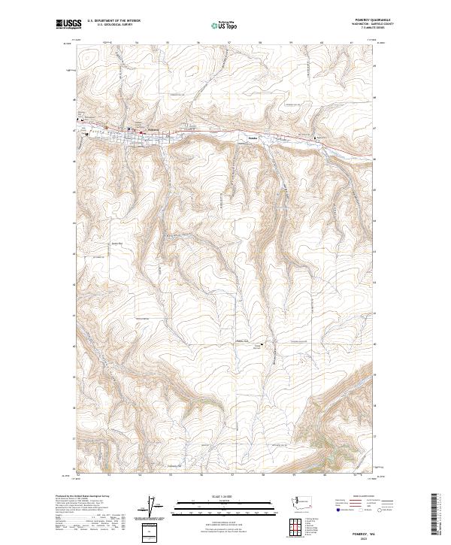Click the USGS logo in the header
[68, 25]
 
